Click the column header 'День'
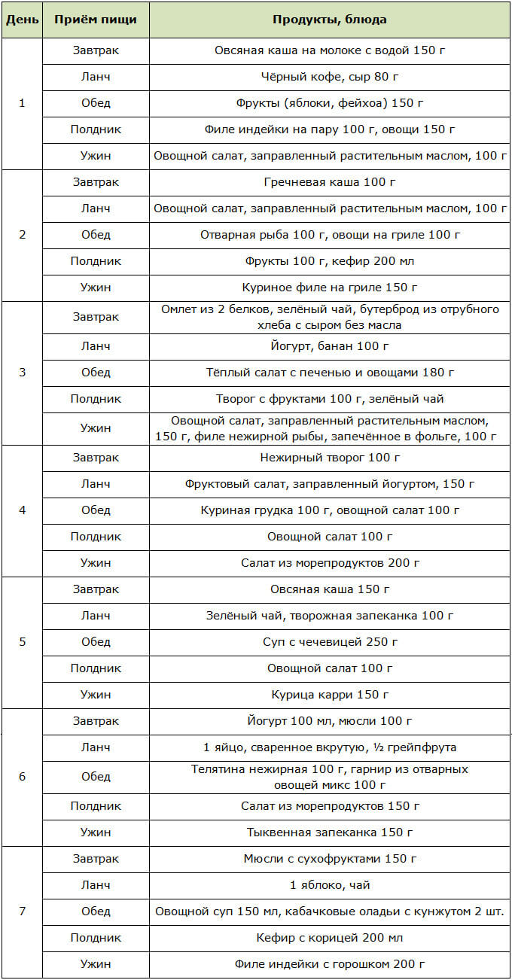click(21, 20)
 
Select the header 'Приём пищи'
click(96, 20)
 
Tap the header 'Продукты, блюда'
click(330, 20)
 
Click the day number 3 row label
click(21, 373)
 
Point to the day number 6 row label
click(21, 776)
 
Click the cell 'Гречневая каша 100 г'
click(330, 182)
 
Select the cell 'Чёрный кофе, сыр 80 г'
click(330, 76)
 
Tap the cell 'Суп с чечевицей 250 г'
click(330, 642)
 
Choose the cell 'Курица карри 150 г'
click(330, 695)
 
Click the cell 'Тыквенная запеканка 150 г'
click(330, 832)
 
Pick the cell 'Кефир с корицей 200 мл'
click(330, 938)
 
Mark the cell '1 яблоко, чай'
click(330, 885)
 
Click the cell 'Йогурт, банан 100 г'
click(330, 346)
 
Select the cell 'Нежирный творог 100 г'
click(330, 457)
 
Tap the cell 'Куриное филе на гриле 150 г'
click(330, 288)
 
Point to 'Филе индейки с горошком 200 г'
click(330, 964)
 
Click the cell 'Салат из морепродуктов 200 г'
click(330, 563)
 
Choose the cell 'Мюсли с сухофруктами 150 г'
click(330, 859)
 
